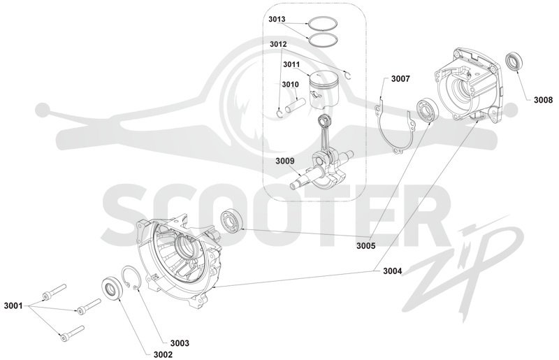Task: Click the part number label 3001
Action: [13, 305]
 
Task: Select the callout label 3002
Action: [163, 354]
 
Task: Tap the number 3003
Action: [180, 343]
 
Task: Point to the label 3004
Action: [392, 271]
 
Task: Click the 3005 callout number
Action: [365, 246]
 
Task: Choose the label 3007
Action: [400, 79]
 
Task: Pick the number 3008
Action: [543, 100]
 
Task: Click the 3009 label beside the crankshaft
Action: [285, 161]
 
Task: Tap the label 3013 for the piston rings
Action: [277, 19]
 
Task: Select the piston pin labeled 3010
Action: [295, 105]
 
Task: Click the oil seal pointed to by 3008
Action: [514, 62]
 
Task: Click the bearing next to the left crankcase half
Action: [231, 220]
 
